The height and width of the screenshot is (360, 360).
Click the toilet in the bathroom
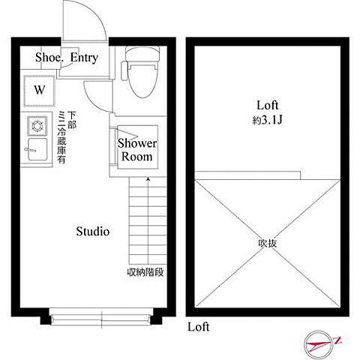point(140,75)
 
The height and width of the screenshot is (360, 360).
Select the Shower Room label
point(137,150)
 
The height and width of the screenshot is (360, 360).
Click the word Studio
point(93,231)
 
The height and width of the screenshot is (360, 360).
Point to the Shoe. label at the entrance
point(49,57)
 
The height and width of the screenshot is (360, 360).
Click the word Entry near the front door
point(84,57)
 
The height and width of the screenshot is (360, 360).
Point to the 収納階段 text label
point(144,272)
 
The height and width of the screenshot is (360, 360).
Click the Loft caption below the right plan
point(198,328)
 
